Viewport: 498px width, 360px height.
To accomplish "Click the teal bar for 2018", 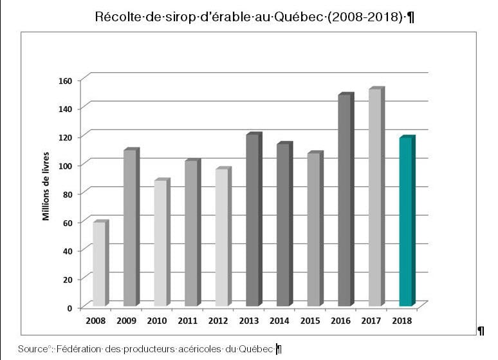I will click(x=406, y=222).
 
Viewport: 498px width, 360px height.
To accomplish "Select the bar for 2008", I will click(x=100, y=264).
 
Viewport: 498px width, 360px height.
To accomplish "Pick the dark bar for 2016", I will click(x=345, y=200).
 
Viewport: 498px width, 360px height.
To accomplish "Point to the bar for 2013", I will click(x=253, y=220).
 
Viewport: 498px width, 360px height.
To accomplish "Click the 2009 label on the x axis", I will click(x=126, y=321).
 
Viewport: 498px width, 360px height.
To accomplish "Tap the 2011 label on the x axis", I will click(x=188, y=321).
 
